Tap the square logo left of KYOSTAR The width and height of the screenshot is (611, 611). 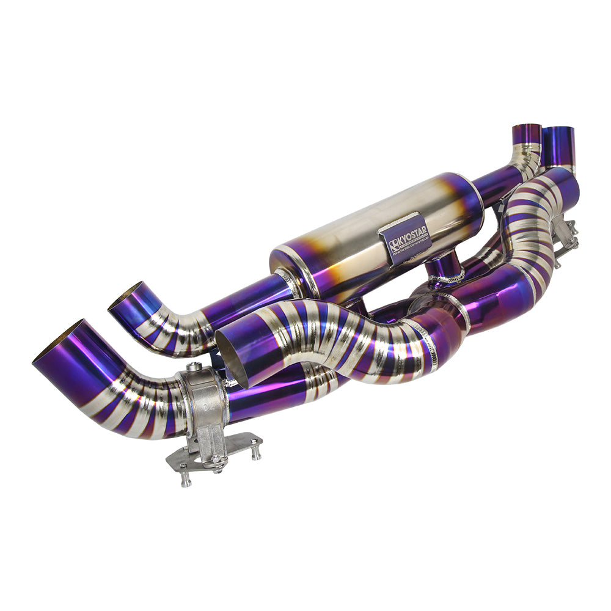pyautogui.click(x=394, y=246)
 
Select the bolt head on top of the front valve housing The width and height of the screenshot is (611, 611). pyautogui.click(x=194, y=367)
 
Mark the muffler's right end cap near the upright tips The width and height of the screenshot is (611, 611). pyautogui.click(x=470, y=196)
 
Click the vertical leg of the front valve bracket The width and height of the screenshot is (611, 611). pyautogui.click(x=211, y=437)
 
